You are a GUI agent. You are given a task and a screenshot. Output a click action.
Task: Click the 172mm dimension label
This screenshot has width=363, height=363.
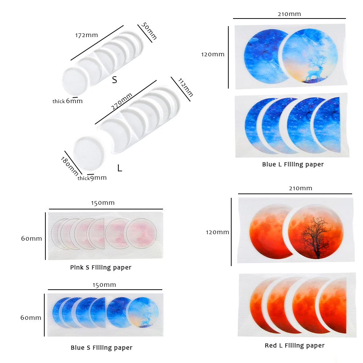tap(86, 36)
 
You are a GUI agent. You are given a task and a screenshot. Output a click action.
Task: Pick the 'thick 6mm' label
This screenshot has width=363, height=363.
tap(68, 101)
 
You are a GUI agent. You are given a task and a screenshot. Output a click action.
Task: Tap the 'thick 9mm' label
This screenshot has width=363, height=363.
tap(92, 178)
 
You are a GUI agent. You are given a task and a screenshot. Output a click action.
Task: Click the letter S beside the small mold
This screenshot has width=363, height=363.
tap(114, 80)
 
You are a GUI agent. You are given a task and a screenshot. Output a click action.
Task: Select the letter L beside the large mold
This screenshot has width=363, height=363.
tap(119, 168)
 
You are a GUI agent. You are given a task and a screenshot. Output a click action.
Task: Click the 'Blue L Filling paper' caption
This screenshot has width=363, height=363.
tap(293, 164)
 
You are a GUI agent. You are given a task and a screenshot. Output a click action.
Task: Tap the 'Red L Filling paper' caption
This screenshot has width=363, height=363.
tap(294, 346)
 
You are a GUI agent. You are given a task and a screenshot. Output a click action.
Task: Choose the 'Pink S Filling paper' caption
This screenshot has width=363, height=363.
tap(101, 268)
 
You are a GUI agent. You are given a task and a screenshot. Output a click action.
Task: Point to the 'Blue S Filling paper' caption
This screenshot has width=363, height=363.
tap(101, 348)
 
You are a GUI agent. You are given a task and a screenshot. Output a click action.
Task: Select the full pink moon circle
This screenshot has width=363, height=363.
tap(142, 233)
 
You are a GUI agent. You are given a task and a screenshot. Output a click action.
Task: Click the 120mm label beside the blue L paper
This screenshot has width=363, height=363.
tap(213, 54)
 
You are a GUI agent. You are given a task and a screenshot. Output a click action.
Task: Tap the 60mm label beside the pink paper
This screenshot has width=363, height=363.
tap(31, 238)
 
